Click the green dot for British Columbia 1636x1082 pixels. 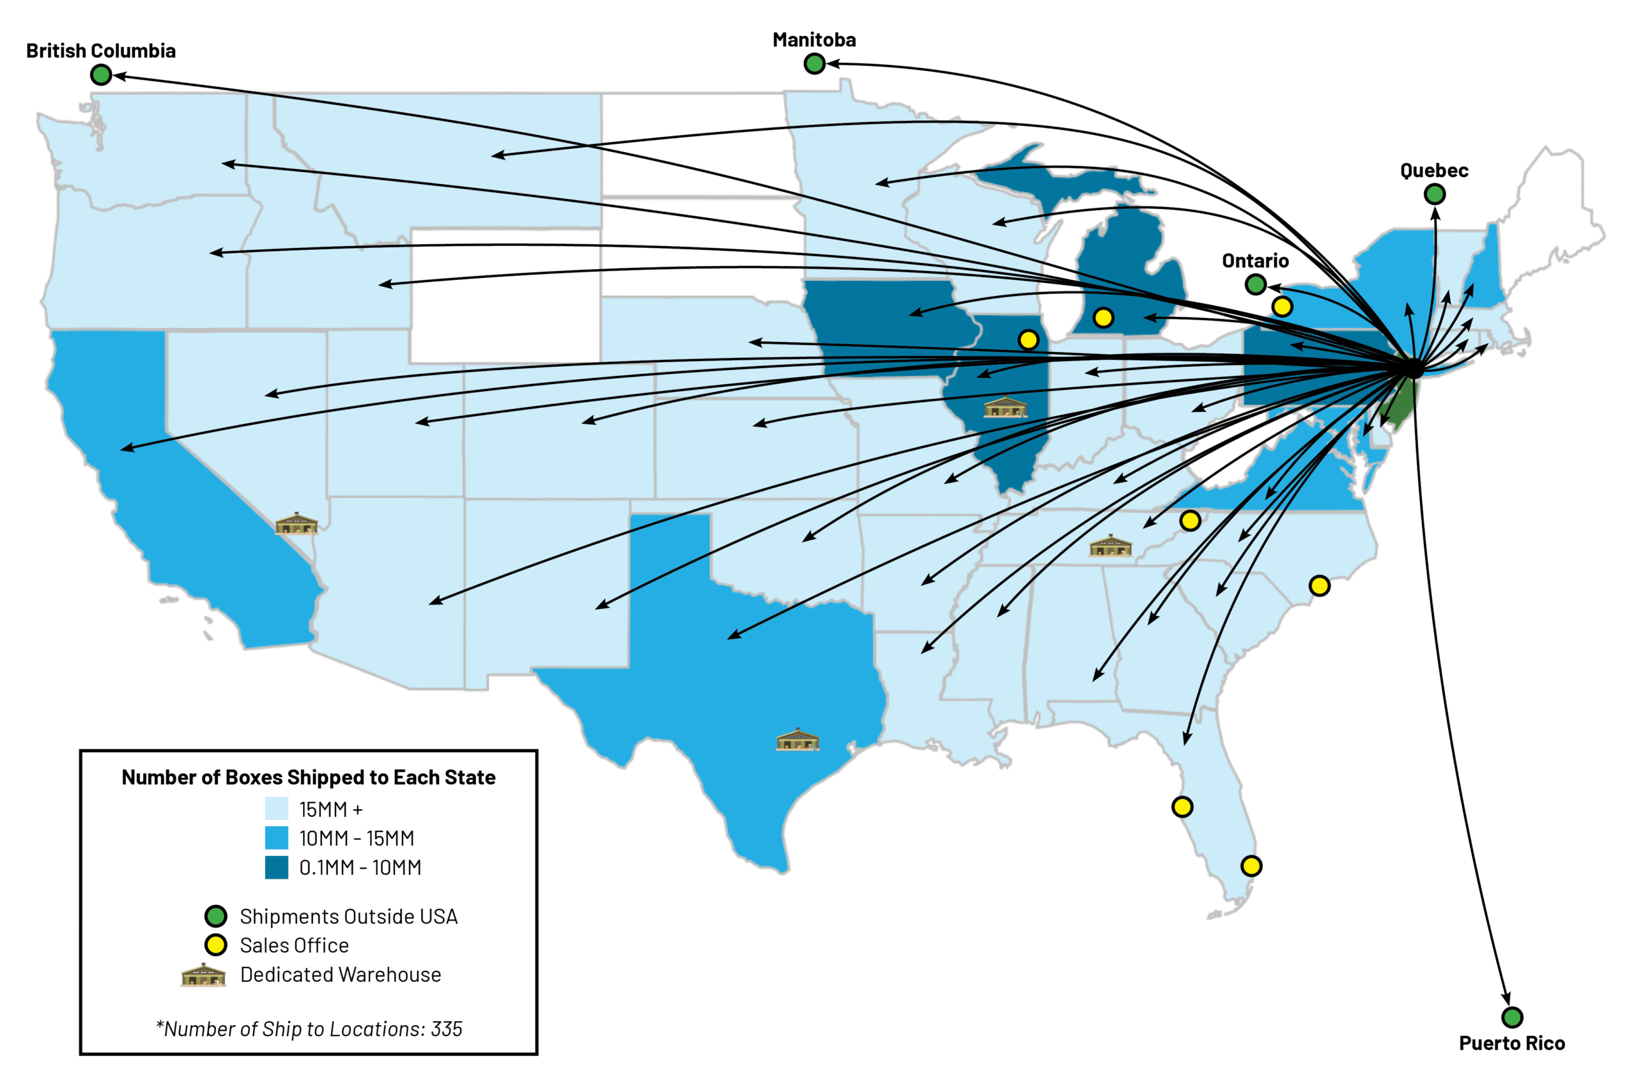pos(101,75)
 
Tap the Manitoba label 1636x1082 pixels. pos(814,40)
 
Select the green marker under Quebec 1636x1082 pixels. pos(1434,194)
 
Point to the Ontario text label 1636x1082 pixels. pos(1254,261)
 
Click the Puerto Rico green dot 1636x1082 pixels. pos(1511,1017)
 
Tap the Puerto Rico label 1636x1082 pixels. pos(1511,1044)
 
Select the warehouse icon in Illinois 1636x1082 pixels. pos(1004,408)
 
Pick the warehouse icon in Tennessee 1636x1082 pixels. pos(1109,546)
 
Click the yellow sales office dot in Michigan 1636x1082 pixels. pos(1102,318)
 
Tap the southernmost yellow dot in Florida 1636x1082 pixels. pos(1251,866)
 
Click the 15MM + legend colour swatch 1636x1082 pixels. pos(276,808)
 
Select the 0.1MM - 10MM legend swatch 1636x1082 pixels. pos(276,867)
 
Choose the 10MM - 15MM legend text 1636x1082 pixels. pos(356,839)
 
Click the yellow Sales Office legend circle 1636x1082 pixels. pos(216,945)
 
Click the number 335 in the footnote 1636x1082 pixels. pos(447,1029)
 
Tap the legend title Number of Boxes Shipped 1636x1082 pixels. pos(309,778)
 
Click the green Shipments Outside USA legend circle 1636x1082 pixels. pos(216,916)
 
